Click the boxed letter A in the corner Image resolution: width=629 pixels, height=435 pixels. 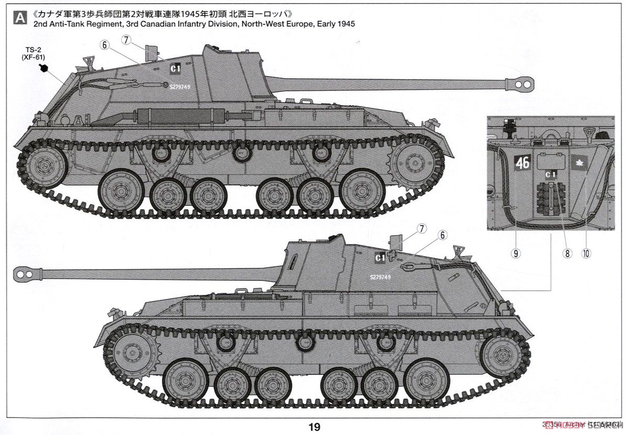pyautogui.click(x=20, y=18)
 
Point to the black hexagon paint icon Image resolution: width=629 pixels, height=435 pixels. pyautogui.click(x=44, y=68)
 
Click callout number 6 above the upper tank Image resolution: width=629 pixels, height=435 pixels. pyautogui.click(x=105, y=46)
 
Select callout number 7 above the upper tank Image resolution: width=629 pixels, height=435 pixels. pyautogui.click(x=125, y=39)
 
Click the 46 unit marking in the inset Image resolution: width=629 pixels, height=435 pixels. pyautogui.click(x=523, y=163)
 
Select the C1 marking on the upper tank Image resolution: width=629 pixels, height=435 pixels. pyautogui.click(x=176, y=68)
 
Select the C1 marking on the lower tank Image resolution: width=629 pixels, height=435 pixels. pyautogui.click(x=381, y=258)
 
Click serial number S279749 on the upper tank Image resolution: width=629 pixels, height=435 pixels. pyautogui.click(x=180, y=87)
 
